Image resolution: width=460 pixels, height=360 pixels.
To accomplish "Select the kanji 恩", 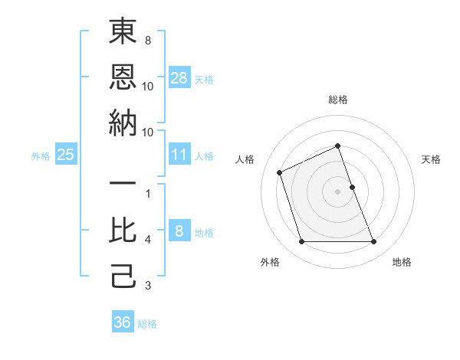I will pos(123,77).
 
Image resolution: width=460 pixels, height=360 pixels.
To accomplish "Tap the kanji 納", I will pos(123,123).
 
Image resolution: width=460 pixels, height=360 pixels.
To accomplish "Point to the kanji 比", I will pos(123,231).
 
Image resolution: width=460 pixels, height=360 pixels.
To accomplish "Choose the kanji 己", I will pos(123,277).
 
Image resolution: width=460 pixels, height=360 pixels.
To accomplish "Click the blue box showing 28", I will pos(179,77).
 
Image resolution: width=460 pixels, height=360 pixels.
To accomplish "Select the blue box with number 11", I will pos(179,155).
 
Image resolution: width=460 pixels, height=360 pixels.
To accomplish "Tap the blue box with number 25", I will pos(66,155).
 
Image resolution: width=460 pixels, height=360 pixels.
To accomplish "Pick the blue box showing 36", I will pos(123,322).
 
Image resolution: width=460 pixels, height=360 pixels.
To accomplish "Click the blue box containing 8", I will pos(179,231).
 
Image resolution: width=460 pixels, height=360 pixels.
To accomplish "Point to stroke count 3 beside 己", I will pos(148,286).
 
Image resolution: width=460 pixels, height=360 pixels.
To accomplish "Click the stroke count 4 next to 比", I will pos(148,241).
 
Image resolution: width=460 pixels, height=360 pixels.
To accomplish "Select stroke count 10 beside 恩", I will pos(148,87).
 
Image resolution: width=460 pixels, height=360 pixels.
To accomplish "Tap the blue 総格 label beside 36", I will pos(147,324).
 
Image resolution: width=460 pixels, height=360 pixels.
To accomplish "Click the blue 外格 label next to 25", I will pos(41,156).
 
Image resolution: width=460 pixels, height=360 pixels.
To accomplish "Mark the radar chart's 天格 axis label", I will pos(432,159).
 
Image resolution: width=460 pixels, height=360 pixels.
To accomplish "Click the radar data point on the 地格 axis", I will pos(374,242).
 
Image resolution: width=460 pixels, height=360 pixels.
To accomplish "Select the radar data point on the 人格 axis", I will pos(280,172).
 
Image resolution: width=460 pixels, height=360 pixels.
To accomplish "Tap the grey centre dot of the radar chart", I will pos(338,191).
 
